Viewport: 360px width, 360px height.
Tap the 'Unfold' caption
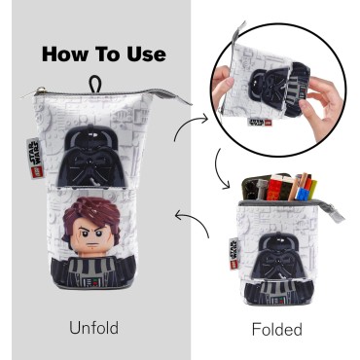(93, 328)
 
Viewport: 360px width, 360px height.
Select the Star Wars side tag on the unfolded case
(32, 150)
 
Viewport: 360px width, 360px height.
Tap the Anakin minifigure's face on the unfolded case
(97, 227)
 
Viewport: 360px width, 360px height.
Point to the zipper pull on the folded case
(337, 208)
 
